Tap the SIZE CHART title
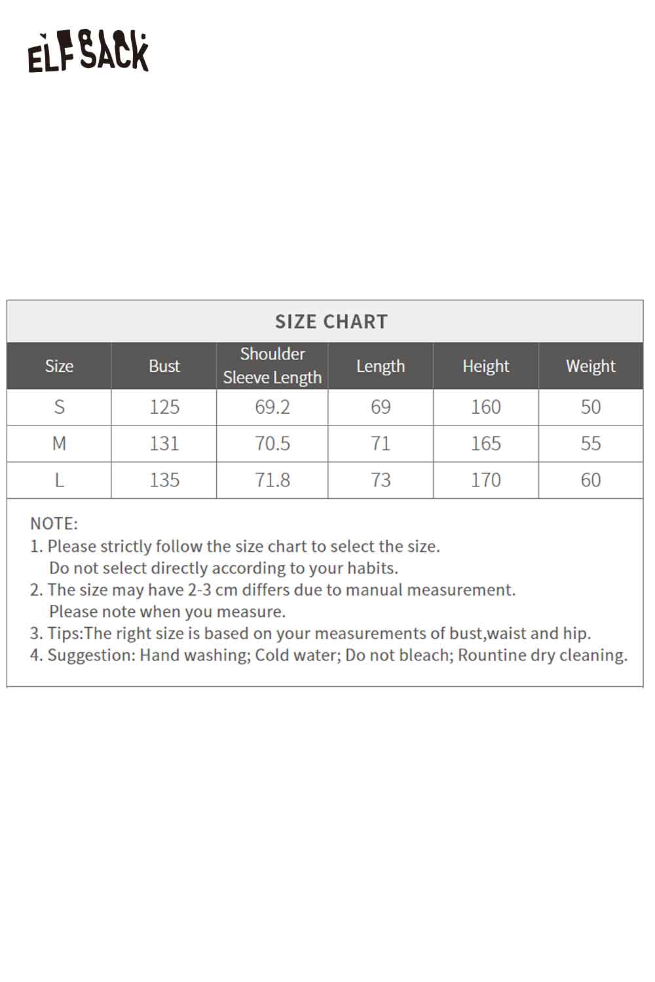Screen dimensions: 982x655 pyautogui.click(x=331, y=321)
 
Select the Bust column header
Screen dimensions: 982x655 pyautogui.click(x=164, y=366)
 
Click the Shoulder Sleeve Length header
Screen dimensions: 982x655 pyautogui.click(x=272, y=365)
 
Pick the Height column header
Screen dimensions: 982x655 pyautogui.click(x=485, y=366)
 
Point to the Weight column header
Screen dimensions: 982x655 pyautogui.click(x=590, y=366)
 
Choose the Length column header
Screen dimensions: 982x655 pyautogui.click(x=381, y=366)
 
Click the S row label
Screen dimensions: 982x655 pyautogui.click(x=59, y=407)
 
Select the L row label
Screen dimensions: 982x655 pyautogui.click(x=59, y=481)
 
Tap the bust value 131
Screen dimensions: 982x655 pyautogui.click(x=164, y=444)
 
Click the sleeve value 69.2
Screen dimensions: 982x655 pyautogui.click(x=272, y=407)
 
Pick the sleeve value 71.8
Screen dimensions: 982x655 pyautogui.click(x=272, y=481)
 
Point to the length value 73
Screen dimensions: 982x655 pyautogui.click(x=381, y=481)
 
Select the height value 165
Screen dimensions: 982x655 pyautogui.click(x=485, y=444)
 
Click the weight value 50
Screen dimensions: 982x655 pyautogui.click(x=590, y=407)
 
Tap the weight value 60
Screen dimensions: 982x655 pyautogui.click(x=590, y=481)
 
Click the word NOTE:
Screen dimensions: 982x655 pyautogui.click(x=54, y=524)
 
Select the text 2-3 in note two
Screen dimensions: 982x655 pyautogui.click(x=199, y=590)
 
